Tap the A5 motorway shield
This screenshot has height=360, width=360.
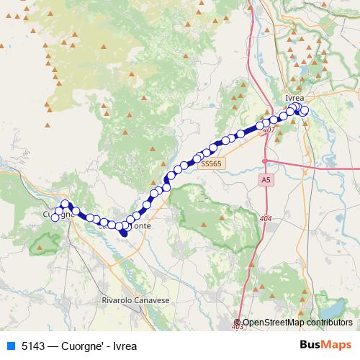click(x=266, y=179)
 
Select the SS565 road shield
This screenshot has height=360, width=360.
click(x=212, y=164)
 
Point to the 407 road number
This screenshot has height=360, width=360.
click(x=269, y=130)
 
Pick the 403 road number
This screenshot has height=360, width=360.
click(x=238, y=328)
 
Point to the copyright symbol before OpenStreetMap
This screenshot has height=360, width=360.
click(x=238, y=323)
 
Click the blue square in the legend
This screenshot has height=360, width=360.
click(x=10, y=346)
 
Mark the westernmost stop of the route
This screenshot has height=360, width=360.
click(x=55, y=217)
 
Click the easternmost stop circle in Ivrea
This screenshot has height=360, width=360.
click(x=305, y=111)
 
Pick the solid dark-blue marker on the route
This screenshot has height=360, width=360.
click(x=123, y=231)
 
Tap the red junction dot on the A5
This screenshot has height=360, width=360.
click(x=265, y=160)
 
